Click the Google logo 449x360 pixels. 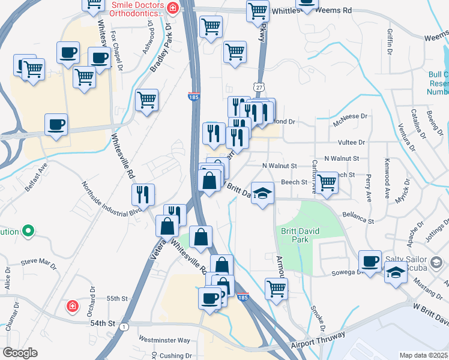coord(20,353)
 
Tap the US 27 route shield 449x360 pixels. coord(258,88)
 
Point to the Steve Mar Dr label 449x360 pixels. coord(38,262)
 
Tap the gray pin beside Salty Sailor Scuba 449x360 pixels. coord(437,262)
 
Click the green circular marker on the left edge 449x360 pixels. coord(27,231)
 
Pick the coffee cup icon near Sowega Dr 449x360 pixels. coord(370,260)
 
